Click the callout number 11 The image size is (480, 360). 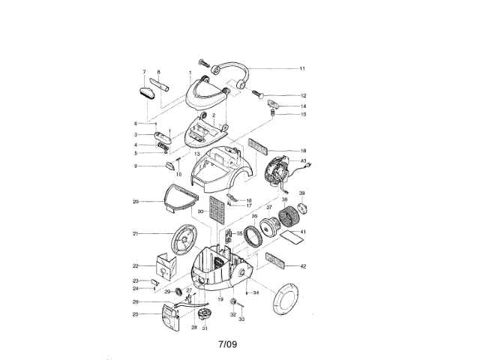pos(302,68)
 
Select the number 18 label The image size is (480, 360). pos(302,151)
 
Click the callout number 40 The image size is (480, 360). pos(303,160)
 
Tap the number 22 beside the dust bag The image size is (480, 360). pos(136,265)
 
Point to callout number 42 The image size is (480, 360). pos(302,266)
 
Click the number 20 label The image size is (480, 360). pos(136,201)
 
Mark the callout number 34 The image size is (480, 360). pos(256,292)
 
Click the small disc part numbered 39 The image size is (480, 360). pos(304,207)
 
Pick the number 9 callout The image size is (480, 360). pos(136,166)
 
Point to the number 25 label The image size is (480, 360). pos(136,314)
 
